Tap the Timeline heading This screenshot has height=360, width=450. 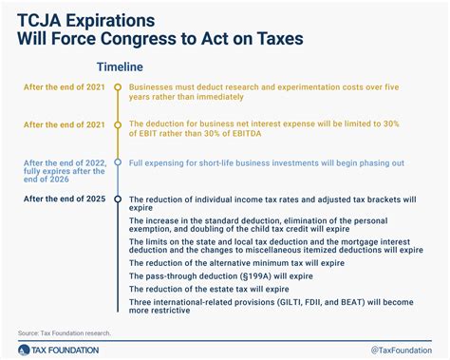(120, 67)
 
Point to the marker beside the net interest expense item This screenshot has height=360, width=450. (116, 124)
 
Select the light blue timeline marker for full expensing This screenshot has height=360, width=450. (116, 161)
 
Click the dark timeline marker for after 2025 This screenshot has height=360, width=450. (116, 199)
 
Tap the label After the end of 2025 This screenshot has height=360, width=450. (63, 199)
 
